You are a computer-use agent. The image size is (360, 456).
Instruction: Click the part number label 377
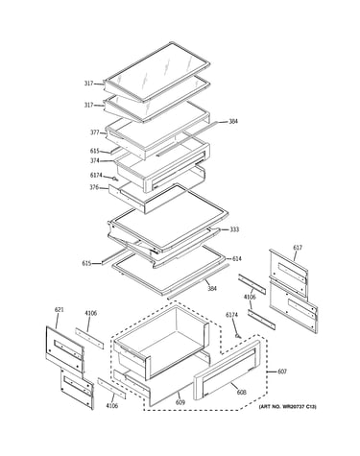coord(95,132)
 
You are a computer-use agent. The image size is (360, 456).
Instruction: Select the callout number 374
coord(95,160)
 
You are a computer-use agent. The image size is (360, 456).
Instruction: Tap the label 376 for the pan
coord(94,187)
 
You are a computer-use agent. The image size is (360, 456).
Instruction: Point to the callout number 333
coord(234,229)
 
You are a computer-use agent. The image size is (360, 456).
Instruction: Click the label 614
coord(237,258)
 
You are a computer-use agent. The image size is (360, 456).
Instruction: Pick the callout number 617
coord(298,248)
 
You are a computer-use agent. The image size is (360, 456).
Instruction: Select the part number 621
coord(59,309)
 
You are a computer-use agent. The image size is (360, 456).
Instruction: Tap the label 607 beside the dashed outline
coord(282,372)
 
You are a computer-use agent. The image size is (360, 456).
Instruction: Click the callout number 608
coord(242,392)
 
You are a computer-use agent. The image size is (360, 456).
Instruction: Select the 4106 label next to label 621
coord(90,313)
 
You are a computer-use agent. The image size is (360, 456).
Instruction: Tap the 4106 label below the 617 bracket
coord(250,298)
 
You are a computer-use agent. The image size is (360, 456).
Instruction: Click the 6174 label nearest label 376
coord(96,175)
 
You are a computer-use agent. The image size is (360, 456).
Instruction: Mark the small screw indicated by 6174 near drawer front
coord(237,336)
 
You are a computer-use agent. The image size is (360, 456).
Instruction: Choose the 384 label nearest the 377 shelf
coord(233,122)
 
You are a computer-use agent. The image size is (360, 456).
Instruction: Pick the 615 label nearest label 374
coord(95,151)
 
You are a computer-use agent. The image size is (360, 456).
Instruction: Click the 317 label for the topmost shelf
coord(88,84)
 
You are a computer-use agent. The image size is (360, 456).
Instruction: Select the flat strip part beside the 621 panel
coord(89,338)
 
